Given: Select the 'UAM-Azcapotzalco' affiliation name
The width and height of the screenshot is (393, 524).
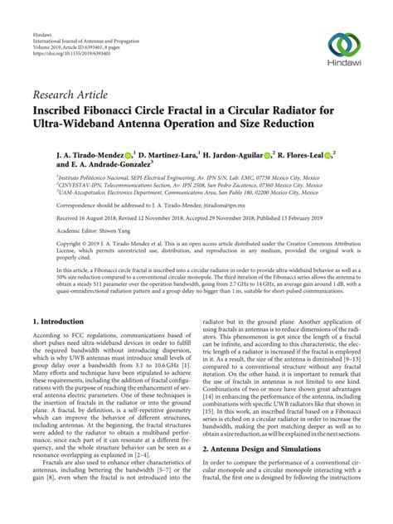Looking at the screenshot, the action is pos(86,190).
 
